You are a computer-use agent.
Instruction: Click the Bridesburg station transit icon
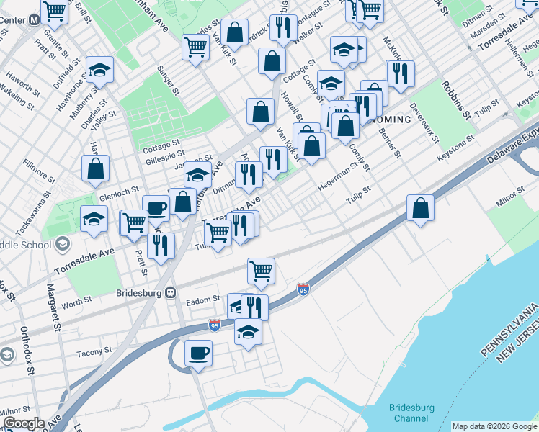pyautogui.click(x=171, y=293)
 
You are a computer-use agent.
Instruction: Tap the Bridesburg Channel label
pyautogui.click(x=411, y=413)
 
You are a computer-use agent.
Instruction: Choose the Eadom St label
pyautogui.click(x=202, y=298)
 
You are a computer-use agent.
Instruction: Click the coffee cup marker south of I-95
pyautogui.click(x=198, y=354)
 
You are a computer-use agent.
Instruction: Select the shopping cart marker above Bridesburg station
pyautogui.click(x=260, y=271)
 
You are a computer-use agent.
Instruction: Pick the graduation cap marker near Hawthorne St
pyautogui.click(x=99, y=71)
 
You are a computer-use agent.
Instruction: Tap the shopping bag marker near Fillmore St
pyautogui.click(x=96, y=169)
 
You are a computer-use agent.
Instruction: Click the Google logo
pyautogui.click(x=24, y=423)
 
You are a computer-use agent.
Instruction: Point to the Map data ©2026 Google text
pyautogui.click(x=494, y=426)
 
